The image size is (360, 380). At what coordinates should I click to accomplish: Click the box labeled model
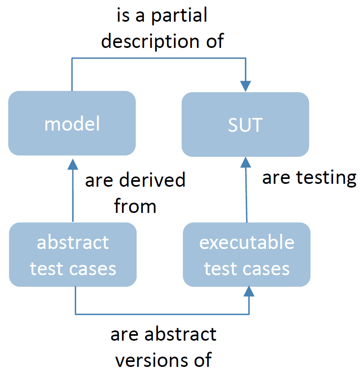coord(72,123)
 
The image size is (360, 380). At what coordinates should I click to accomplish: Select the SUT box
coord(245,124)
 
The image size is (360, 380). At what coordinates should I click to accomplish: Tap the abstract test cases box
coord(72,255)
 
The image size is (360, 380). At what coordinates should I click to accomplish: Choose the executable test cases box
coord(246,255)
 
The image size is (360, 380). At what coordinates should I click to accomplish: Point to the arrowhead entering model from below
coord(72,164)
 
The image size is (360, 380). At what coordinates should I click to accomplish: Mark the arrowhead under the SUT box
coord(245,163)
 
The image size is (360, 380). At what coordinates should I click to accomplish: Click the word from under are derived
coord(135,206)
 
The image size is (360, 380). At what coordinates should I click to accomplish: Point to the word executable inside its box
coord(247,242)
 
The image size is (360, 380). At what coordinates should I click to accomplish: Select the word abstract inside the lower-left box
coord(73,242)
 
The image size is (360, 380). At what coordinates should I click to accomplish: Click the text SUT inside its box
coord(245,124)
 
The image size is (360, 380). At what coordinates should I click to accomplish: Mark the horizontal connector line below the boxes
coord(162,314)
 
